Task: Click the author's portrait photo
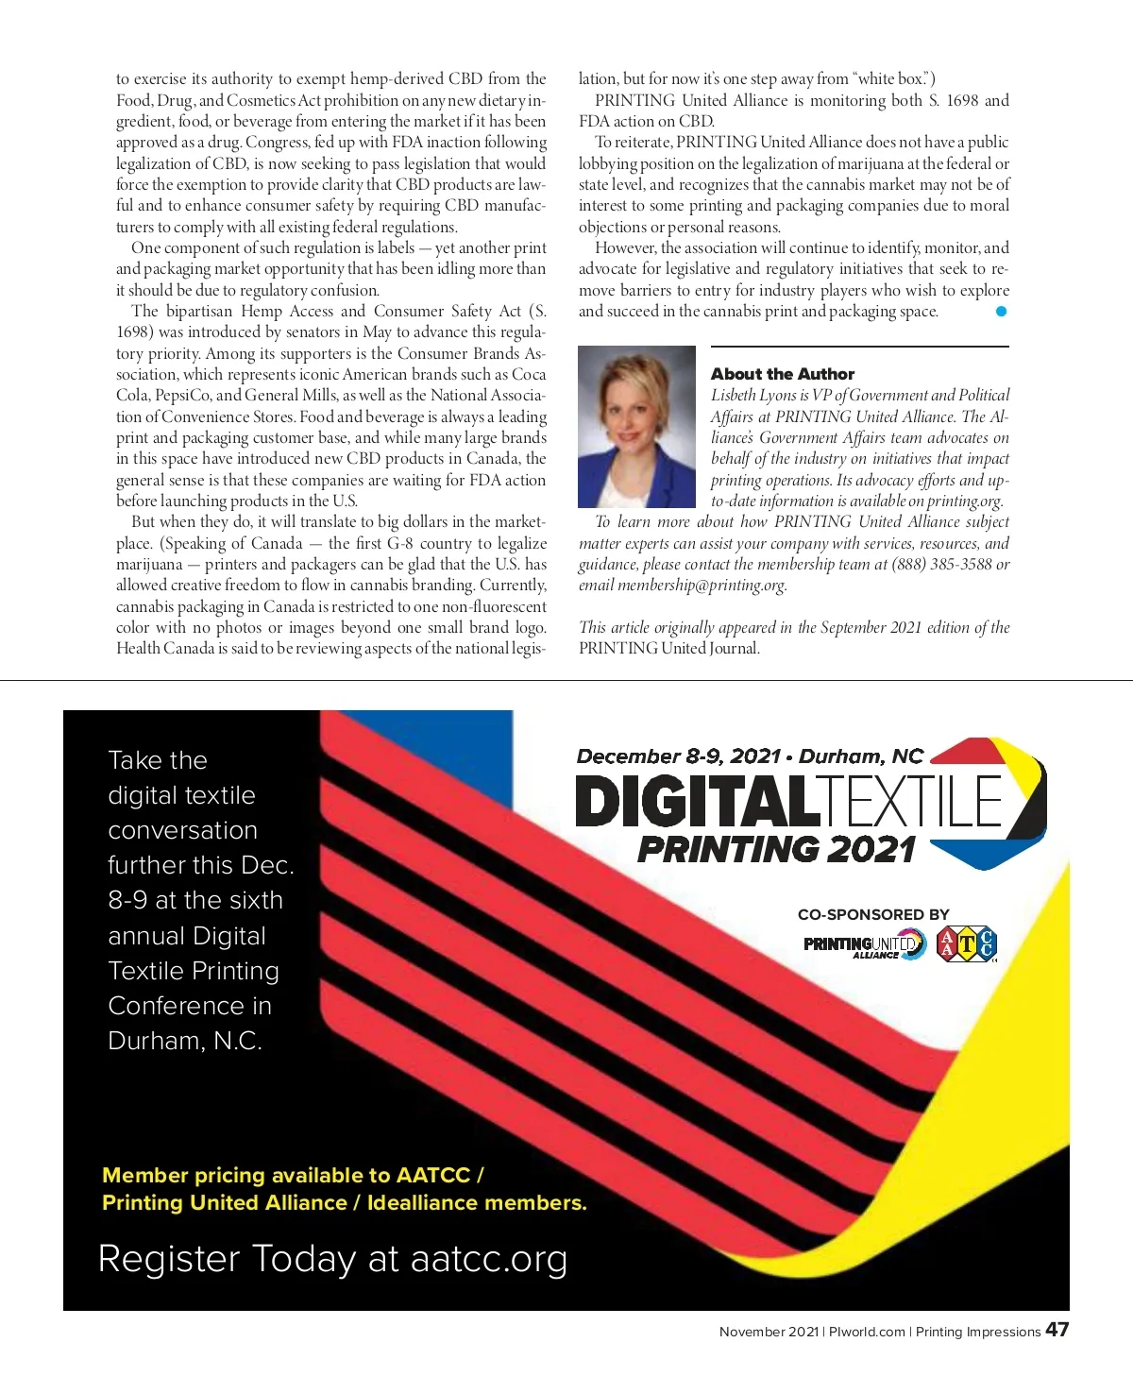pos(636,426)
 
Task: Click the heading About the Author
pos(782,374)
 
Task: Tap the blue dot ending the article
pos(1001,311)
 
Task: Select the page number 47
pos(1057,1330)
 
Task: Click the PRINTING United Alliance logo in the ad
pos(864,944)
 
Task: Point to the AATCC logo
pos(967,943)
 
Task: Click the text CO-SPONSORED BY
pos(873,914)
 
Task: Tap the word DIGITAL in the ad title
pos(695,802)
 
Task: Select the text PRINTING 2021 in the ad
pos(776,849)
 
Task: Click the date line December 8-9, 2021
pos(678,756)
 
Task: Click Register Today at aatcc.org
pos(332,1259)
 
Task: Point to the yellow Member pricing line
pos(293,1176)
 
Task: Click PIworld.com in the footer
pos(867,1332)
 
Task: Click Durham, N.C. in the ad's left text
pos(185,1041)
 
